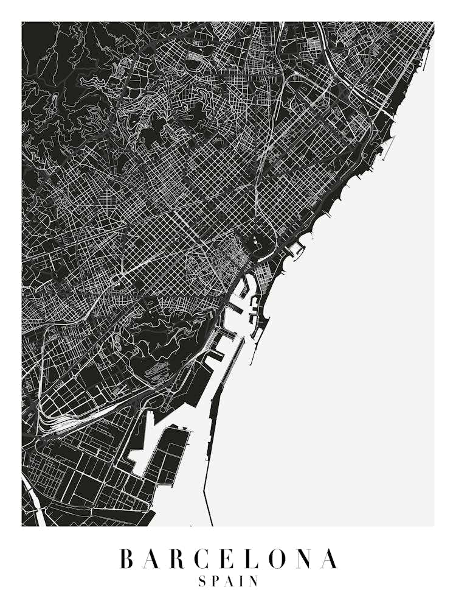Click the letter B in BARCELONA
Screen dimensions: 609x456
tap(127, 559)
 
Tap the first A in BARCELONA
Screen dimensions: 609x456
tap(154, 559)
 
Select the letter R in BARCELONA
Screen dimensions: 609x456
tap(181, 559)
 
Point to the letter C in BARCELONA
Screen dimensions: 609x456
tap(207, 559)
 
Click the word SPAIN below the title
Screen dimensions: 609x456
tap(229, 582)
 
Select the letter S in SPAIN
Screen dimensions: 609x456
tap(202, 582)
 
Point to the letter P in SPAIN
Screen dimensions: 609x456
tap(216, 582)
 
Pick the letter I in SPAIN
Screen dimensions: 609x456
tap(243, 582)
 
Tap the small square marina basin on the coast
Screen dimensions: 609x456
tap(295, 249)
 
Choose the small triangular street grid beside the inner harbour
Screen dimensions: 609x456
tap(265, 278)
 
